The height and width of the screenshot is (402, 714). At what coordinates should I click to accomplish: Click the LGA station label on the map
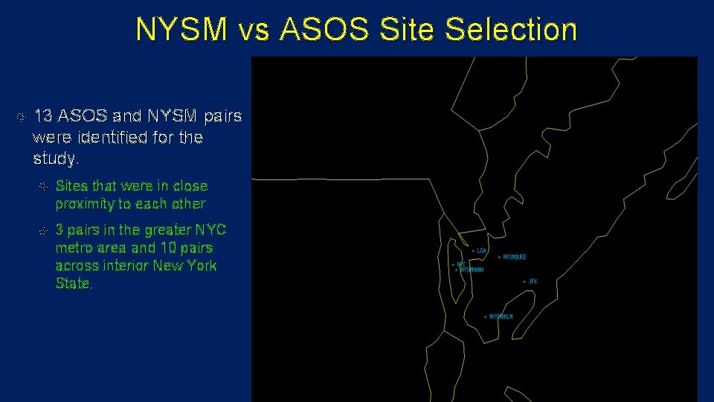point(482,251)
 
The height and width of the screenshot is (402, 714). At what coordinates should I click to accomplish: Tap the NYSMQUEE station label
point(515,257)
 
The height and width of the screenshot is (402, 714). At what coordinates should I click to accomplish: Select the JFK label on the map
point(533,281)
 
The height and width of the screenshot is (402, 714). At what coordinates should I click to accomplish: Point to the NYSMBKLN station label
point(501,316)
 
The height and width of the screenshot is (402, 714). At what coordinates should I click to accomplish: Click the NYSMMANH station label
point(472,270)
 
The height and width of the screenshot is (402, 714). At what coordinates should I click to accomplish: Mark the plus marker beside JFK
point(524,281)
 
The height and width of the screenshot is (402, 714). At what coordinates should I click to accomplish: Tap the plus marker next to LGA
point(473,251)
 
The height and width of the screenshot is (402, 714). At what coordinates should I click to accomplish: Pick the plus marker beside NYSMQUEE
point(498,257)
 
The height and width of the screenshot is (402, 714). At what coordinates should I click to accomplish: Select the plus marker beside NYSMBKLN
point(486,316)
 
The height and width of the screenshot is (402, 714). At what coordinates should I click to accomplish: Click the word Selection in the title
point(511,30)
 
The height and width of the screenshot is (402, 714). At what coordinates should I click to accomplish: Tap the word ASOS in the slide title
point(325,30)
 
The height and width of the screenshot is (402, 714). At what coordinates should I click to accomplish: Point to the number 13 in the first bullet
point(43,116)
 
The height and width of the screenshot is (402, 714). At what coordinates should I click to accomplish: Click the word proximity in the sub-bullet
point(83,204)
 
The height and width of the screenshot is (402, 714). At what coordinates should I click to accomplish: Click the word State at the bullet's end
point(74,284)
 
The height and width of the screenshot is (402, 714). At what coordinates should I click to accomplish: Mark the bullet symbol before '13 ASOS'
point(21,117)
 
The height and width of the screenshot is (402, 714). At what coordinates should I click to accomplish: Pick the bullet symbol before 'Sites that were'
point(43,186)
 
